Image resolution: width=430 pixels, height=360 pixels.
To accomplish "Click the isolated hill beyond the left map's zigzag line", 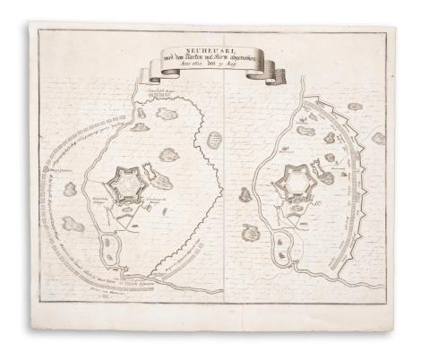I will (213, 141).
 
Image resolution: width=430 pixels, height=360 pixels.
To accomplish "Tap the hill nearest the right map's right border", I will (378, 139).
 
